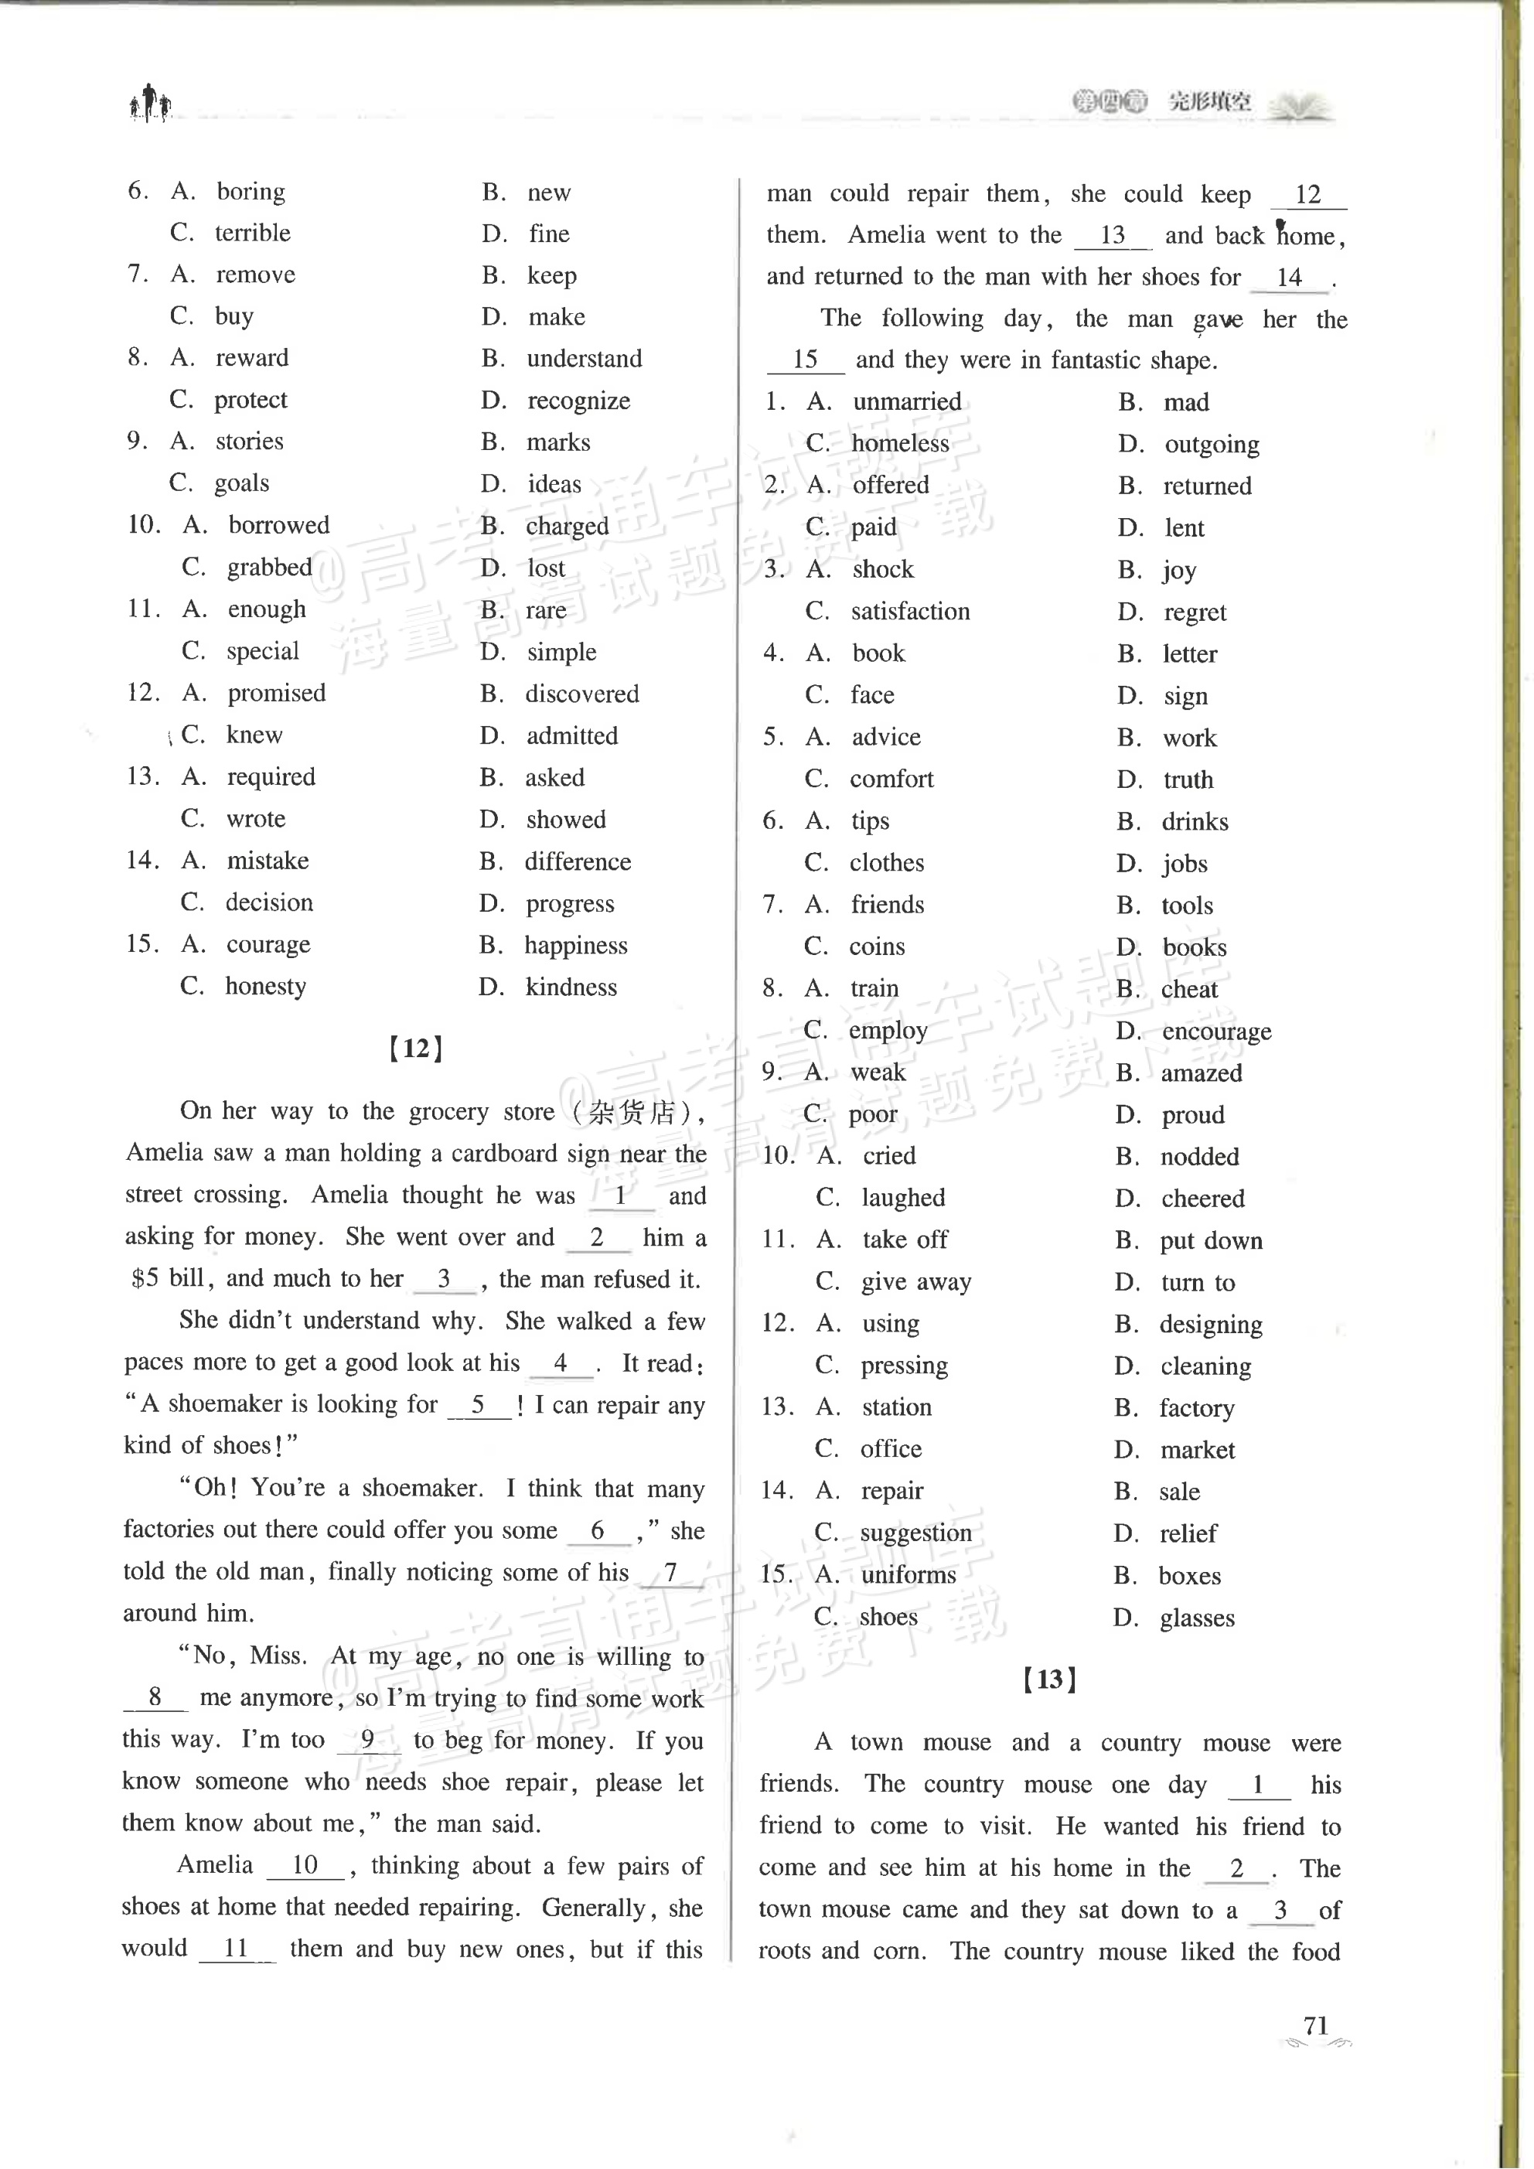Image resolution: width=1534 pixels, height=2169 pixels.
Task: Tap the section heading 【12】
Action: pyautogui.click(x=416, y=1049)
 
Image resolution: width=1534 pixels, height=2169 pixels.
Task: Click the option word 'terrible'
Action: pyautogui.click(x=252, y=233)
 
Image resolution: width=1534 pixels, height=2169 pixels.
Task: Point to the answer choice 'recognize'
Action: pyautogui.click(x=578, y=401)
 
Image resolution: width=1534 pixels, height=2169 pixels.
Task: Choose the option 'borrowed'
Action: pyautogui.click(x=278, y=525)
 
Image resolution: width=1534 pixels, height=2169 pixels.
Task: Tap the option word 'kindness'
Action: pyautogui.click(x=571, y=987)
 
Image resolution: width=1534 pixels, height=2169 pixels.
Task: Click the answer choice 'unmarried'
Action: pyautogui.click(x=907, y=401)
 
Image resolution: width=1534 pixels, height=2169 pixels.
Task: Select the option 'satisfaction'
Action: pyautogui.click(x=909, y=611)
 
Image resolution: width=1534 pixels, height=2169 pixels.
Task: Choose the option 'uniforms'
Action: pyautogui.click(x=908, y=1575)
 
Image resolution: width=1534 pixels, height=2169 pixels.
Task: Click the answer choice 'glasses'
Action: pyautogui.click(x=1197, y=1618)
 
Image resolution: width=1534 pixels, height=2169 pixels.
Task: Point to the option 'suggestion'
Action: pyautogui.click(x=915, y=1533)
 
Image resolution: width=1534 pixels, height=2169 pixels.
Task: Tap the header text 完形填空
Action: pyautogui.click(x=1209, y=101)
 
